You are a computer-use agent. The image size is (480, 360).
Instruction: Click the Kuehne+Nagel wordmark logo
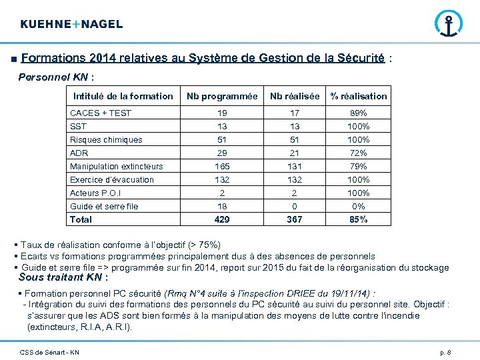71,24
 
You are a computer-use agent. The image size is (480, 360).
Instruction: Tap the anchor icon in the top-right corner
447,25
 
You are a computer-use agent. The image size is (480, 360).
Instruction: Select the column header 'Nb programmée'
222,96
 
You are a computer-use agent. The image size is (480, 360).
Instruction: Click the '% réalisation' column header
359,96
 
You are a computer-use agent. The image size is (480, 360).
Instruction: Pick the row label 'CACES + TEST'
101,113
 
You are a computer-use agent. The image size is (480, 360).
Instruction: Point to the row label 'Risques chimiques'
106,140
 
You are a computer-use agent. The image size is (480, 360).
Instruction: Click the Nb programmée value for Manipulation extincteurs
222,167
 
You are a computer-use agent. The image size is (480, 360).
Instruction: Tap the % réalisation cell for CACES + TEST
359,113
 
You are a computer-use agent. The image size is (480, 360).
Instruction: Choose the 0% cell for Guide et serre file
359,207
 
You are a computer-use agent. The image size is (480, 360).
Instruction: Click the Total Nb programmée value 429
222,219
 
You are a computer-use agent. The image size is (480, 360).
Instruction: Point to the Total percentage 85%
359,219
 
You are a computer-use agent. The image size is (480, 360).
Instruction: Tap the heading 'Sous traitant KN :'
63,277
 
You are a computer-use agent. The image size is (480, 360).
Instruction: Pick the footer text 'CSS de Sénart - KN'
50,352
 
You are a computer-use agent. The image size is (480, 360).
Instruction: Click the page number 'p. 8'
445,352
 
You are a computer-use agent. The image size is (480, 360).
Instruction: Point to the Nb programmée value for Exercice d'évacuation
222,180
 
